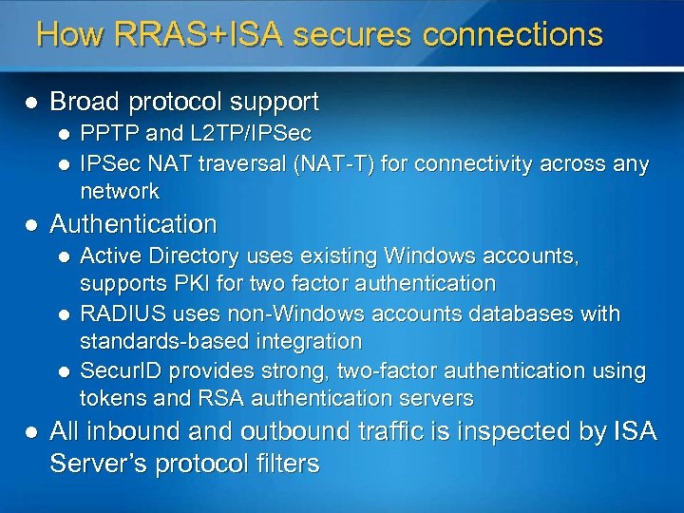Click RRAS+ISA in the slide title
tap(197, 35)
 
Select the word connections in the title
tap(513, 35)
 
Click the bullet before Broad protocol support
tap(31, 101)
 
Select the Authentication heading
tap(133, 225)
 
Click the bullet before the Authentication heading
tap(31, 225)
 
